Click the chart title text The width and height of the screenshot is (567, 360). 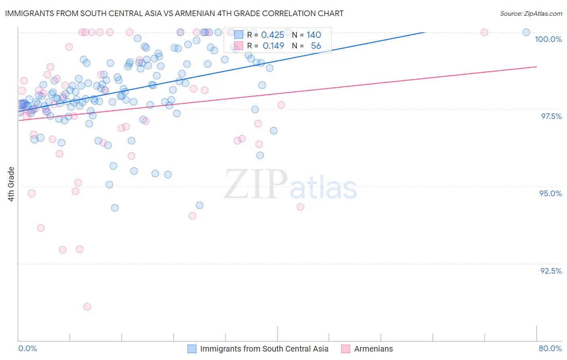click(x=174, y=13)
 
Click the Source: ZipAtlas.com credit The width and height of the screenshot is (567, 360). click(x=531, y=13)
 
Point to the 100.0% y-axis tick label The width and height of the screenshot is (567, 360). click(x=548, y=39)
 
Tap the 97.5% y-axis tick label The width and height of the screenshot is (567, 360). click(x=551, y=116)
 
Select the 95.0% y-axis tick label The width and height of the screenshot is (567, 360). click(x=550, y=193)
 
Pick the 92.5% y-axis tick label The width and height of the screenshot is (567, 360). click(x=551, y=271)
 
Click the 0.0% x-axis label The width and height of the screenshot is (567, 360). click(x=27, y=348)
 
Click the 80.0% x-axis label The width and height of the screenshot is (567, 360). click(x=550, y=348)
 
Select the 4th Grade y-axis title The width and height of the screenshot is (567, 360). click(x=11, y=184)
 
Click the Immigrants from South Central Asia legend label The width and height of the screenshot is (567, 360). click(x=264, y=349)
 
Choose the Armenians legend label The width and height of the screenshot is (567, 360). click(x=373, y=349)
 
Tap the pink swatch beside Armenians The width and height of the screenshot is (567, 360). click(x=345, y=349)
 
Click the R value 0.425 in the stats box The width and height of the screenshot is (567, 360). click(x=273, y=35)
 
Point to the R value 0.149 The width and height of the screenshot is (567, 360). click(x=273, y=46)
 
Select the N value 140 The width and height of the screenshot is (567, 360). click(x=314, y=35)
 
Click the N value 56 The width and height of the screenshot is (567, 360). click(x=316, y=46)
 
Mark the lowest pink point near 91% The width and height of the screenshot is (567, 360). click(x=87, y=307)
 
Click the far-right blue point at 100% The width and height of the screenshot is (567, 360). click(x=526, y=32)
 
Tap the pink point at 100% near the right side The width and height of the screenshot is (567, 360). click(x=484, y=32)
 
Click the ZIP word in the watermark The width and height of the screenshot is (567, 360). click(x=256, y=184)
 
